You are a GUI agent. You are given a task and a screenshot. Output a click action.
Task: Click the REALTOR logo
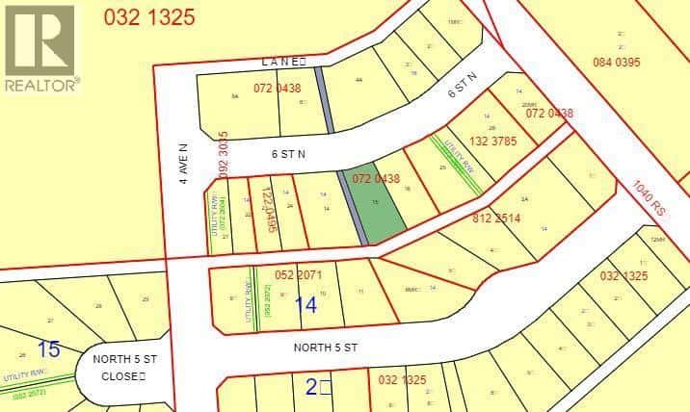(40, 48)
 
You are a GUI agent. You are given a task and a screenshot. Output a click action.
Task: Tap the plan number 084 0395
(615, 63)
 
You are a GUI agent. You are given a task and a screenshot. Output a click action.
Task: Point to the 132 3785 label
(493, 141)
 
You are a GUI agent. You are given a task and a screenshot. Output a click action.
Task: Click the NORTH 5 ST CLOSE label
(125, 367)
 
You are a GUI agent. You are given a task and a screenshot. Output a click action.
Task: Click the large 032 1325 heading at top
(148, 15)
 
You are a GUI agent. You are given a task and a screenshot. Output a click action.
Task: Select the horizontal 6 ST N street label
(288, 152)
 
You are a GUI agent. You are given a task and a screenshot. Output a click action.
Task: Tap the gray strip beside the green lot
(353, 208)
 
